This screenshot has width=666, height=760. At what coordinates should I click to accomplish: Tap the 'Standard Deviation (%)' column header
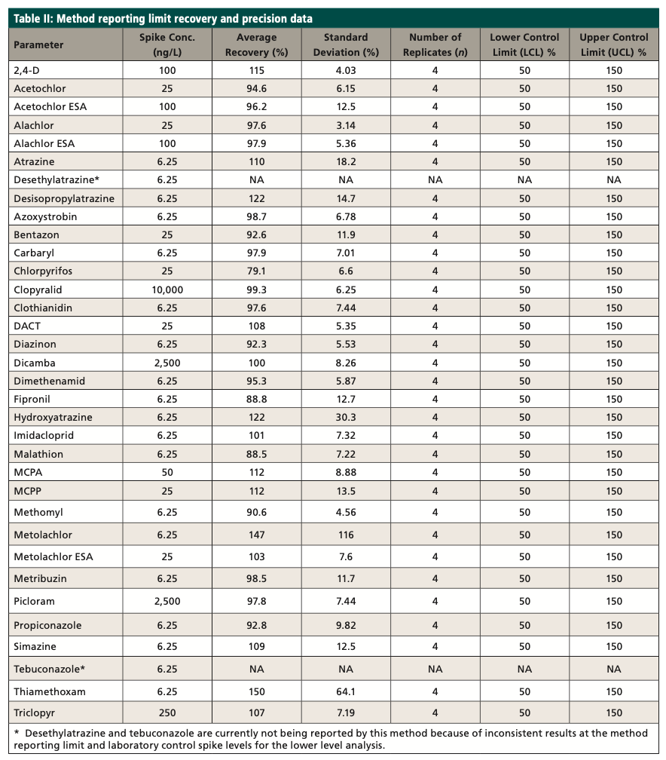click(x=346, y=44)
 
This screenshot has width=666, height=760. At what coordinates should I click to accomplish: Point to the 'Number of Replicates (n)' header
click(x=435, y=44)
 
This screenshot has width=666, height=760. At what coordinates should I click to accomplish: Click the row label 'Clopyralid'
click(x=38, y=290)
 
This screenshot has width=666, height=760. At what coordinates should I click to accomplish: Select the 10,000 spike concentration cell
click(x=166, y=290)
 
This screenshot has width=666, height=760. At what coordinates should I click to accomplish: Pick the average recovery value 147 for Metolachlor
click(x=256, y=535)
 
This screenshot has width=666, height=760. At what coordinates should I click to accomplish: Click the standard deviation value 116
click(x=346, y=535)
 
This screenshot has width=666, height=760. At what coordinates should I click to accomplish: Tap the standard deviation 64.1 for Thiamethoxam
click(x=346, y=691)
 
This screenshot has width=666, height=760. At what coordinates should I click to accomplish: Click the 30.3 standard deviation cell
click(x=346, y=417)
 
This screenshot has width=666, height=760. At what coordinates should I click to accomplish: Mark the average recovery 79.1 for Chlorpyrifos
click(x=256, y=271)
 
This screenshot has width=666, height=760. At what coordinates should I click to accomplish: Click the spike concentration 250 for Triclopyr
click(x=166, y=712)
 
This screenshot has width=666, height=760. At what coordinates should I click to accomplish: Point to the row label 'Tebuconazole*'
click(x=45, y=669)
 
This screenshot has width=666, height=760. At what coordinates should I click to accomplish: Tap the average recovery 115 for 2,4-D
click(x=256, y=70)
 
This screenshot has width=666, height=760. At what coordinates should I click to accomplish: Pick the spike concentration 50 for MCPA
click(x=166, y=472)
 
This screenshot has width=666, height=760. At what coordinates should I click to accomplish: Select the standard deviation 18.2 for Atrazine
click(x=346, y=161)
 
